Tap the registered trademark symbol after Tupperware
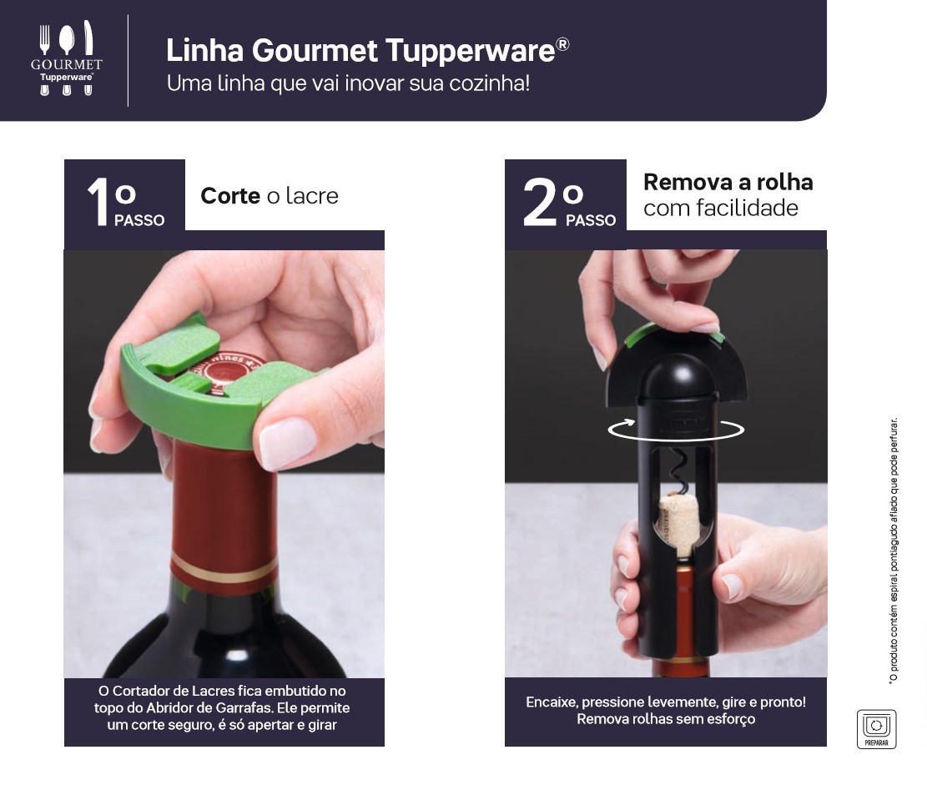tap(563, 44)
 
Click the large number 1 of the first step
tap(98, 202)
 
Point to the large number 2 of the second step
tap(540, 202)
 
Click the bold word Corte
tap(230, 196)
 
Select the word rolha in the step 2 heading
tap(785, 182)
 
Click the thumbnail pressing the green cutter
tap(288, 442)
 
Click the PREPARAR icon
tap(876, 729)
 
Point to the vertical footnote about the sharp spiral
tap(894, 551)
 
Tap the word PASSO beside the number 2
tap(591, 220)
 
